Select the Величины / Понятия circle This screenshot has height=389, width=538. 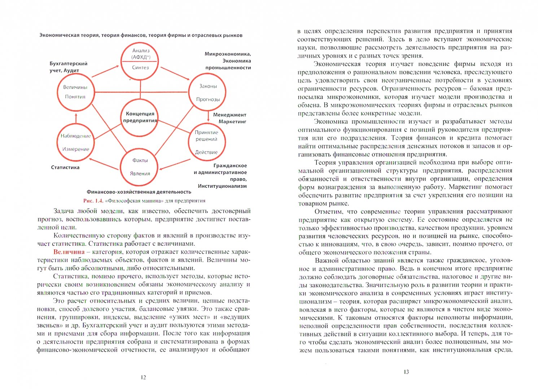click(x=75, y=92)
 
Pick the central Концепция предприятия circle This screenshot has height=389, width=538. click(x=140, y=117)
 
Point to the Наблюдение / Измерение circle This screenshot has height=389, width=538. click(x=75, y=142)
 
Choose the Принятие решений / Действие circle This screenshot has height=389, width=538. click(x=206, y=142)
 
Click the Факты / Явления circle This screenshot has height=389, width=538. click(x=140, y=167)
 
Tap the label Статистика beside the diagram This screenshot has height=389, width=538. click(x=65, y=167)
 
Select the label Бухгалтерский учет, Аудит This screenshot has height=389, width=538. click(x=69, y=67)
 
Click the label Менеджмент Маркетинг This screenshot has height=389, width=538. click(x=229, y=118)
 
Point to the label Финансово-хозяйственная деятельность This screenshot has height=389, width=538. click(x=139, y=192)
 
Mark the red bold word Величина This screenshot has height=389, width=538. click(x=69, y=252)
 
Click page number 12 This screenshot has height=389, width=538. click(x=143, y=377)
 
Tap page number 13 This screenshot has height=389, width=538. click(x=406, y=372)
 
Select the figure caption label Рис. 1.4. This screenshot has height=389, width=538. click(x=93, y=201)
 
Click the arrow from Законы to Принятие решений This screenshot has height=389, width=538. click(x=208, y=116)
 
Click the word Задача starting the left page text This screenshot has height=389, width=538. click(x=64, y=211)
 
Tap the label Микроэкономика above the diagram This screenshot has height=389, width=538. click(x=228, y=54)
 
